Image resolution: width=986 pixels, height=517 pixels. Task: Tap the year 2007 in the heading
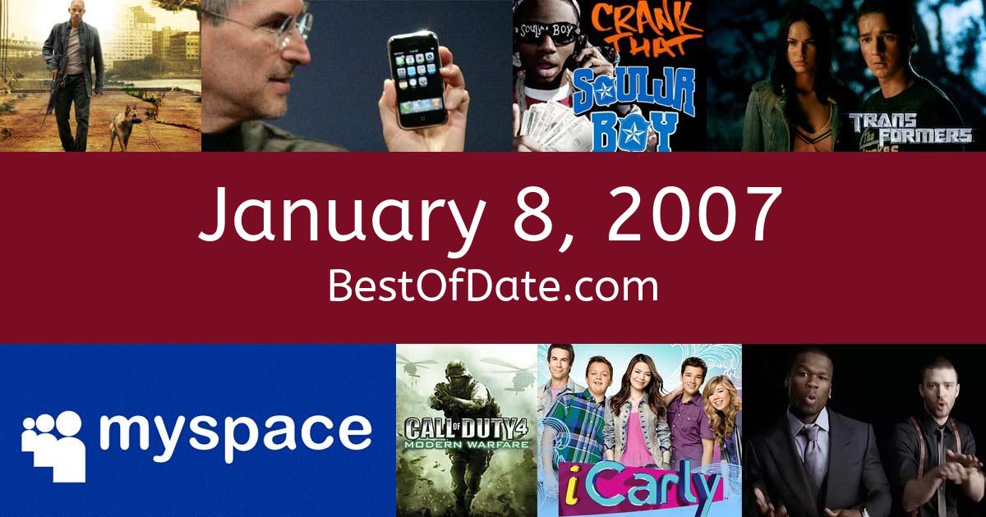click(x=693, y=213)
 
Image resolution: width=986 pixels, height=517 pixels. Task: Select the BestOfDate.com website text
click(x=493, y=286)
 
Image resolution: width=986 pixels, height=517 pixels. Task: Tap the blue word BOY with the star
click(x=634, y=131)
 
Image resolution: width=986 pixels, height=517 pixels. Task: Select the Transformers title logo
click(x=910, y=130)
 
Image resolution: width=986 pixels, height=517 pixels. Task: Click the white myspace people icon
click(x=53, y=445)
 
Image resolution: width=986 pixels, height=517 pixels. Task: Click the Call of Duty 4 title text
click(x=467, y=428)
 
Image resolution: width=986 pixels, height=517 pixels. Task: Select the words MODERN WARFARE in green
click(x=467, y=445)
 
